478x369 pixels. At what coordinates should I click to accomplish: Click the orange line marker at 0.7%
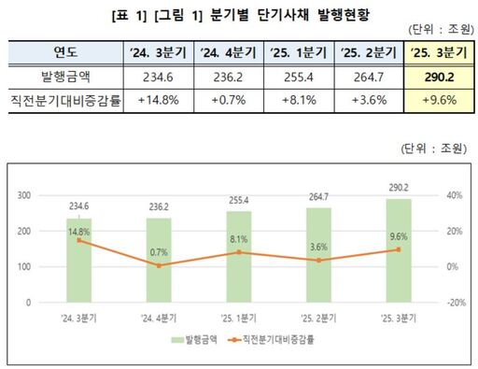(159, 265)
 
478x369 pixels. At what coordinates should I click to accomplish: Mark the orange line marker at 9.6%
(399, 249)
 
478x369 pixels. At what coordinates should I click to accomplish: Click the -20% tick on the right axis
(454, 303)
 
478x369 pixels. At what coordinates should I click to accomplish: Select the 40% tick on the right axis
(455, 195)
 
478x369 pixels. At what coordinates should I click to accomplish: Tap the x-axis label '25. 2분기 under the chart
(318, 319)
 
